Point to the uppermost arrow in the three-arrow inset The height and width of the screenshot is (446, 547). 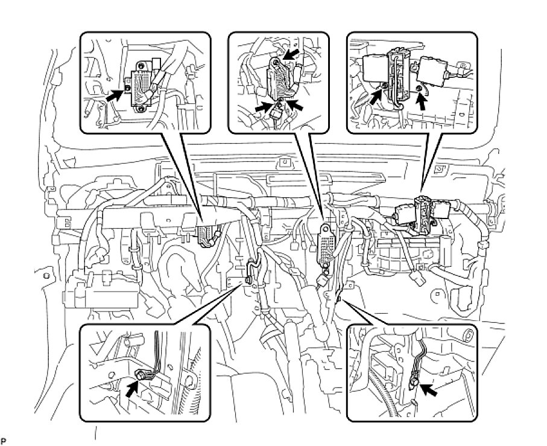291,56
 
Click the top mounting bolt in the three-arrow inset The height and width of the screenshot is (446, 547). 276,62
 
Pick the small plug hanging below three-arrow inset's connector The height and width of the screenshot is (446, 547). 279,112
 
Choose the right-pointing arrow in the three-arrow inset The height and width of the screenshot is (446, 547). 261,107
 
